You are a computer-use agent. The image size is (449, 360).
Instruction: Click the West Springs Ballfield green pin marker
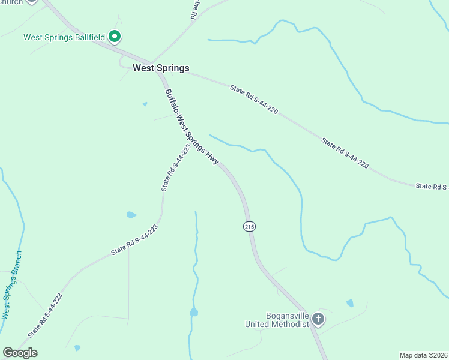[x=115, y=37]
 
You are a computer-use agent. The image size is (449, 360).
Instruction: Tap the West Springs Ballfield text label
[x=64, y=37]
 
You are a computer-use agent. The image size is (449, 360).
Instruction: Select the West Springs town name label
[x=161, y=68]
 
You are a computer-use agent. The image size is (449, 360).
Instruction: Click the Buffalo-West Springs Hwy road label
[x=193, y=127]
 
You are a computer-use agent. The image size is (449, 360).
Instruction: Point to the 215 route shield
[x=250, y=226]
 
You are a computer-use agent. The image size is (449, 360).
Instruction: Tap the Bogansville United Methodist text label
[x=277, y=320]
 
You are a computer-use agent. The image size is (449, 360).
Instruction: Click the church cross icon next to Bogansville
[x=318, y=320]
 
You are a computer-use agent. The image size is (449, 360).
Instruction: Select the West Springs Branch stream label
[x=11, y=285]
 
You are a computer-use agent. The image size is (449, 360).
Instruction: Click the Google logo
[x=20, y=353]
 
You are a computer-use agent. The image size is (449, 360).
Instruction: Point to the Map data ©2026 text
[x=423, y=355]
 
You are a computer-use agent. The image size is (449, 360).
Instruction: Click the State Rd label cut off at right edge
[x=432, y=186]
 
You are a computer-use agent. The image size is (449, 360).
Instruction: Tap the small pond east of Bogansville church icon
[x=350, y=304]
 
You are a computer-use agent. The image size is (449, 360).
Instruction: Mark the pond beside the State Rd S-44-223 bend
[x=131, y=215]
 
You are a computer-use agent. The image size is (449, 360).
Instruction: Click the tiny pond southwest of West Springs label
[x=145, y=104]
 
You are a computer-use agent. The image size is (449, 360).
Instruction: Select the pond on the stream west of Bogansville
[x=194, y=312]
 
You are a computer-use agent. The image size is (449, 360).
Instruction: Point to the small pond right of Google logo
[x=77, y=347]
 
